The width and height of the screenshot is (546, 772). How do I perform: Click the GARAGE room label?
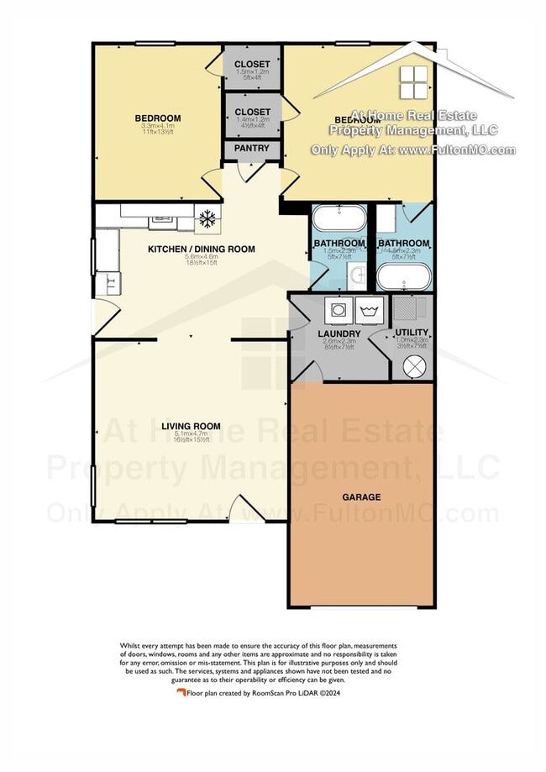pyautogui.click(x=361, y=497)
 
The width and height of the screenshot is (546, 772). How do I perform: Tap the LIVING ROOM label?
pyautogui.click(x=191, y=426)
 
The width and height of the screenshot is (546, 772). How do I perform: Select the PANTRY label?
pyautogui.click(x=252, y=149)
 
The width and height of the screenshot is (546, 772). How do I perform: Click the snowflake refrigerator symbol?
pyautogui.click(x=207, y=219)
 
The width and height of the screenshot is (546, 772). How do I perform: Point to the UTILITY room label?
pyautogui.click(x=412, y=333)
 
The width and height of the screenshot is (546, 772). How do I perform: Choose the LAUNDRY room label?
pyautogui.click(x=339, y=333)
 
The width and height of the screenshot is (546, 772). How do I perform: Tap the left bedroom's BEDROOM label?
pyautogui.click(x=158, y=118)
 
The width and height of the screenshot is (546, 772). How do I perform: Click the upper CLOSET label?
pyautogui.click(x=252, y=64)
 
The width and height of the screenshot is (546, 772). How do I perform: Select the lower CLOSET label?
pyautogui.click(x=252, y=112)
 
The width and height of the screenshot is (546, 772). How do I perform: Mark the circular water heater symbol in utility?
pyautogui.click(x=415, y=365)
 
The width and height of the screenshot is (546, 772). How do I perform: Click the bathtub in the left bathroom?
pyautogui.click(x=339, y=221)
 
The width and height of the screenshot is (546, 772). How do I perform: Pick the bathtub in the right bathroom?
pyautogui.click(x=403, y=276)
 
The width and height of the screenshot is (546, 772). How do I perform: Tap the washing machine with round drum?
pyautogui.click(x=339, y=309)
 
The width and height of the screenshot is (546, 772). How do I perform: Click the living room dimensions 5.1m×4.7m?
pyautogui.click(x=191, y=433)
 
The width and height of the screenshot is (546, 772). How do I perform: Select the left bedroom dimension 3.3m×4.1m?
pyautogui.click(x=158, y=125)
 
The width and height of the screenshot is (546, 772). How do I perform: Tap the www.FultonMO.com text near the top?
pyautogui.click(x=457, y=150)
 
